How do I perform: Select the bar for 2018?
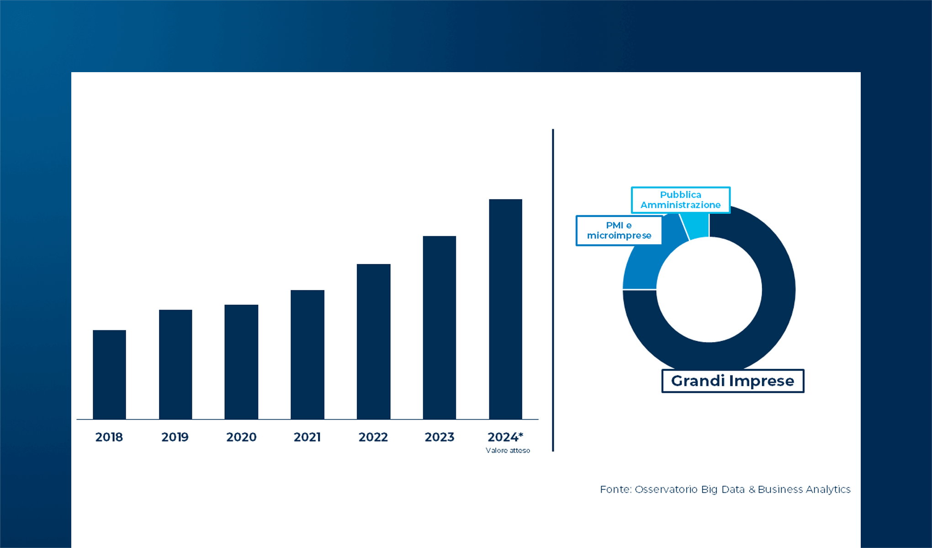click(x=109, y=374)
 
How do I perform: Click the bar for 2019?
click(x=175, y=364)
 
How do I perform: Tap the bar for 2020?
click(x=241, y=362)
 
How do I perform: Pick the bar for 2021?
click(x=307, y=354)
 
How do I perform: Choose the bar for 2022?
click(x=373, y=342)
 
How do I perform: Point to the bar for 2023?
click(x=440, y=327)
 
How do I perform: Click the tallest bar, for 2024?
click(x=505, y=309)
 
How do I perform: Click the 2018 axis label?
click(x=109, y=437)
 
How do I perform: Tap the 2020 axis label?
click(x=241, y=437)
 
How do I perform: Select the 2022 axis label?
click(x=373, y=437)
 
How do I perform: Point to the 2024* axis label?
click(x=505, y=437)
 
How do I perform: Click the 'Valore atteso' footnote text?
click(x=508, y=451)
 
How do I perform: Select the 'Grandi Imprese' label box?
click(x=732, y=381)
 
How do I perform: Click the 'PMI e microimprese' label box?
click(x=619, y=231)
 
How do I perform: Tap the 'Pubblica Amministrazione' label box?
click(x=680, y=200)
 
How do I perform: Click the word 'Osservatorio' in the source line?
click(x=666, y=490)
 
